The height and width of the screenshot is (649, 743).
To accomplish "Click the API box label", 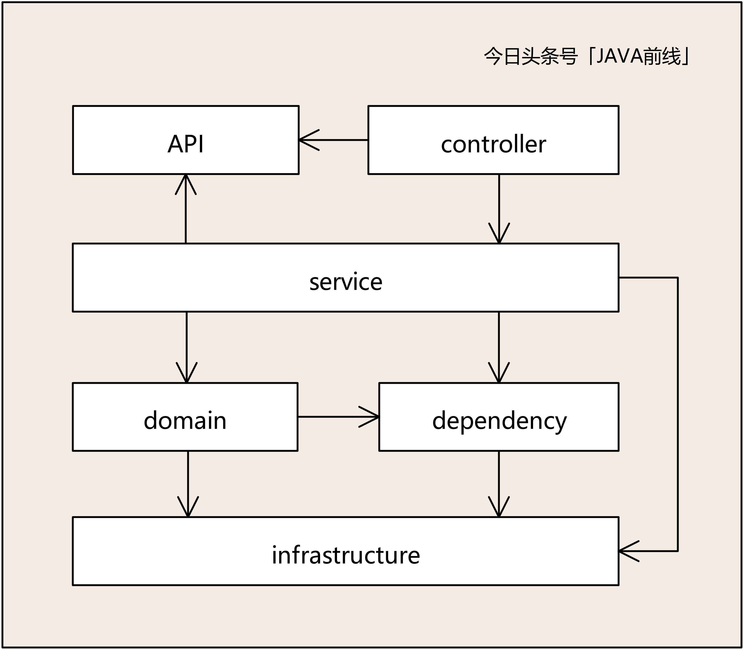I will tap(185, 144).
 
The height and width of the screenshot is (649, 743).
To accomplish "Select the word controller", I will tap(493, 144).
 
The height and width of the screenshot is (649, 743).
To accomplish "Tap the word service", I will tap(346, 282).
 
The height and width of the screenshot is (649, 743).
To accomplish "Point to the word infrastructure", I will tap(346, 555).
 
